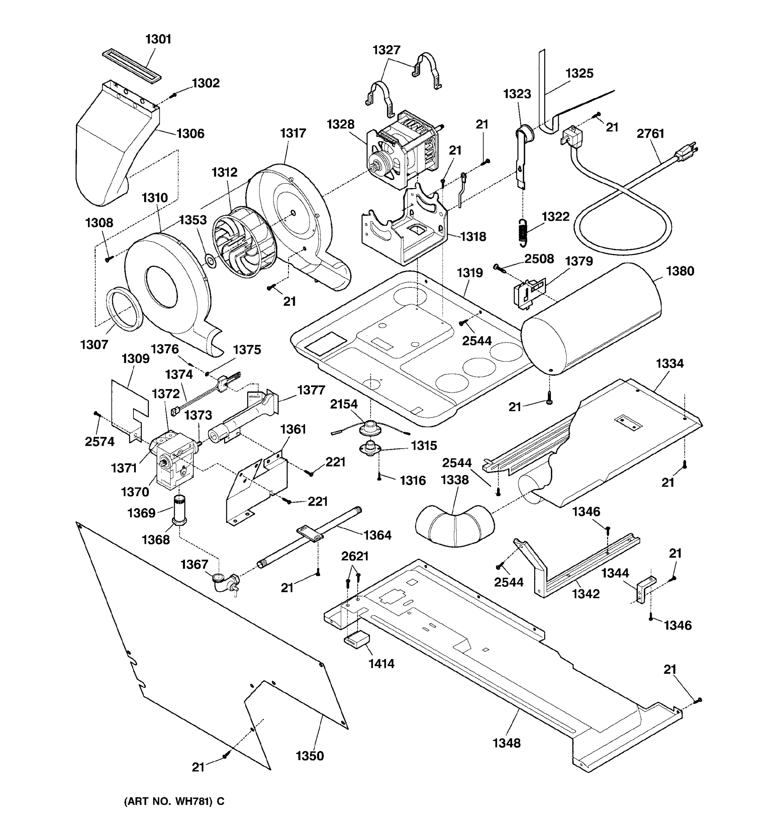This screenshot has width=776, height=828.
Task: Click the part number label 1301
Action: [158, 39]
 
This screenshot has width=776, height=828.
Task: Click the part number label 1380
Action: [680, 271]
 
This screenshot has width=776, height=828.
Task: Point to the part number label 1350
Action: [309, 756]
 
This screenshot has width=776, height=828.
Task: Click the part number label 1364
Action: [377, 535]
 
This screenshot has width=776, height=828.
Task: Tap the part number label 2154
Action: [344, 404]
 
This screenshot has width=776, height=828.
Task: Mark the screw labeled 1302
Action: [175, 95]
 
